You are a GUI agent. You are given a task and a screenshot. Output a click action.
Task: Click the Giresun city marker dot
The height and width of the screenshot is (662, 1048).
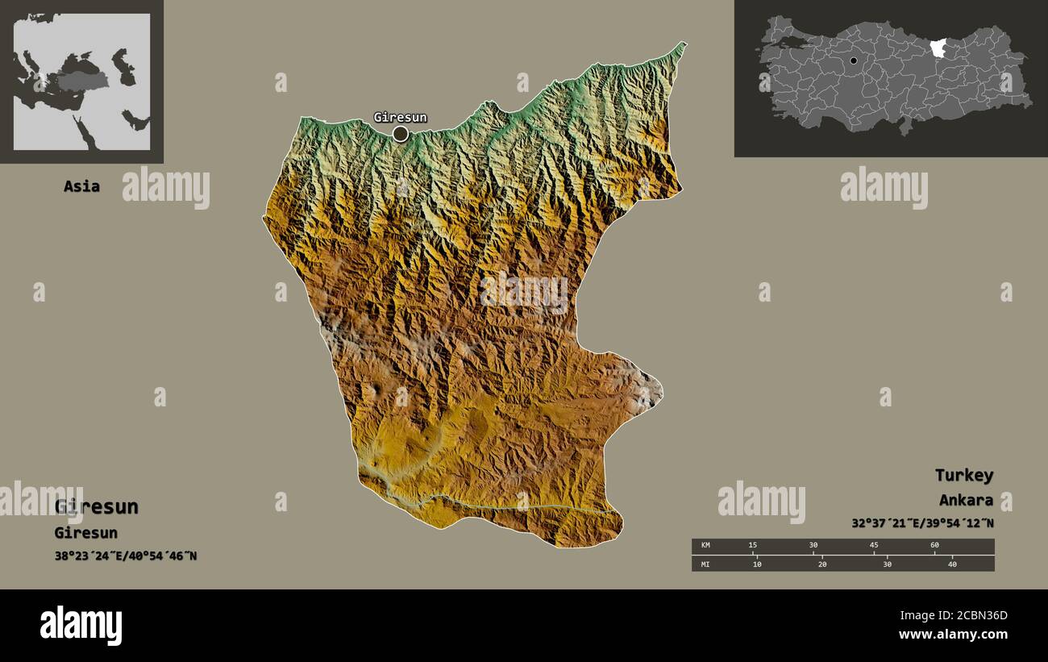[x=401, y=134]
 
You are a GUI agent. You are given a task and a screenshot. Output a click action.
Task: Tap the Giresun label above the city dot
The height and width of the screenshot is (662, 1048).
[x=400, y=118]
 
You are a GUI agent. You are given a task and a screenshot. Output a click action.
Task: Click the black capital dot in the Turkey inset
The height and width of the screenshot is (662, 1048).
[x=854, y=60]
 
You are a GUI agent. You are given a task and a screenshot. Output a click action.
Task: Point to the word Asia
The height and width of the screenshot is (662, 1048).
[x=81, y=186]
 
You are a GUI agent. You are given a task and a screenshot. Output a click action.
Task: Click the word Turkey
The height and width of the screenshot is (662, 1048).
[x=964, y=475]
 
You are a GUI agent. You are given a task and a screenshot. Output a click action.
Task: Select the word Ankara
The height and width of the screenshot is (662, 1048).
[x=966, y=500]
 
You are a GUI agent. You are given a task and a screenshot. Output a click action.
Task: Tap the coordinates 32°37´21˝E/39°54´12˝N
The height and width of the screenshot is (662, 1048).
[x=922, y=523]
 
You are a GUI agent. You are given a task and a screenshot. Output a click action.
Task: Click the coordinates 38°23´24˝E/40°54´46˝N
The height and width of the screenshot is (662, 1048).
[x=126, y=556]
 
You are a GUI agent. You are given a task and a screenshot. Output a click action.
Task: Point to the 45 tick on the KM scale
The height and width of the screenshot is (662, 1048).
[x=874, y=545]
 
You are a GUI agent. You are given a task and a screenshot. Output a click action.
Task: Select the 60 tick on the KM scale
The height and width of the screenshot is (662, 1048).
[x=934, y=545]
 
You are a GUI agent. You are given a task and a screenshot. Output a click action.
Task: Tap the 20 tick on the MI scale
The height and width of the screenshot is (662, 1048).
[x=821, y=564]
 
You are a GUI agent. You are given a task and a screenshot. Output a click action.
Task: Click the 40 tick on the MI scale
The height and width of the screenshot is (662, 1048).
[x=951, y=564]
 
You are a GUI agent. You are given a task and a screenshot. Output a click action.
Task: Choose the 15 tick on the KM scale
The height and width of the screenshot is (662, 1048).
[x=753, y=545]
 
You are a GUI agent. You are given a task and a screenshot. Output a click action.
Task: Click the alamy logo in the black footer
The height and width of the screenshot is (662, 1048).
[x=81, y=626]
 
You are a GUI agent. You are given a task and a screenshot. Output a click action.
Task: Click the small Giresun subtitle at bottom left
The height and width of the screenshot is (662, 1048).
[x=86, y=533]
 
